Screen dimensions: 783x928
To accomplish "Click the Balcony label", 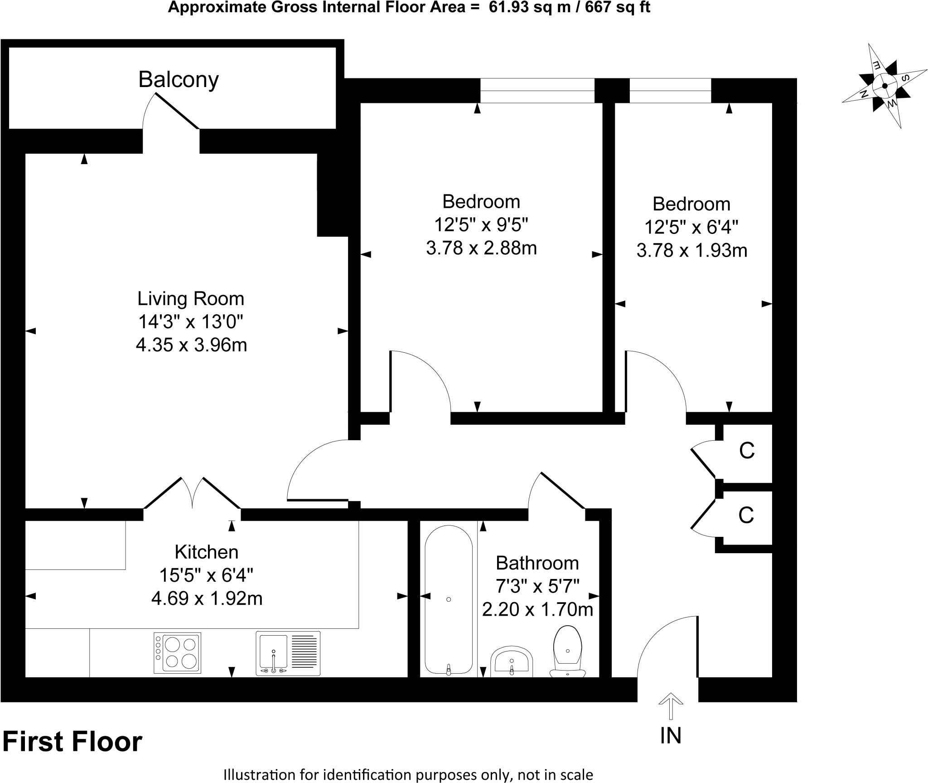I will (179, 80).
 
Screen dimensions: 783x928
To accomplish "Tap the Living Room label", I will (191, 299).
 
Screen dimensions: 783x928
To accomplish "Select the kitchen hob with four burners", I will (177, 653).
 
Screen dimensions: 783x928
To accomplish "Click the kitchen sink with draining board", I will (288, 653).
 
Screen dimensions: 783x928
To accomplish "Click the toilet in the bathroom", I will (568, 651).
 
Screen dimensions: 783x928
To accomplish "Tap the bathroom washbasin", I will (512, 661).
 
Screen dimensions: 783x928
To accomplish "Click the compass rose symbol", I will (884, 86).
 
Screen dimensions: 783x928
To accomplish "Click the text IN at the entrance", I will (671, 748).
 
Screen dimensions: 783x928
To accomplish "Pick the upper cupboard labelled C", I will (747, 451).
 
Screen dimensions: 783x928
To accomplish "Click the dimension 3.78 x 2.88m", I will (481, 248).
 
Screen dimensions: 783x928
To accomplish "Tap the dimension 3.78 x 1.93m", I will (691, 250).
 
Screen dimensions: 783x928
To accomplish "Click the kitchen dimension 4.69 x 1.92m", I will (207, 598).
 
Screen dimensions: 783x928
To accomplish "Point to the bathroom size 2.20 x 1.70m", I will (537, 609).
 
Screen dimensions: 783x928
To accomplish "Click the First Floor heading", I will (72, 742).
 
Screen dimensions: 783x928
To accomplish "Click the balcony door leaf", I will (177, 111).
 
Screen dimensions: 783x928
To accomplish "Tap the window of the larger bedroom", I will (537, 91).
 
